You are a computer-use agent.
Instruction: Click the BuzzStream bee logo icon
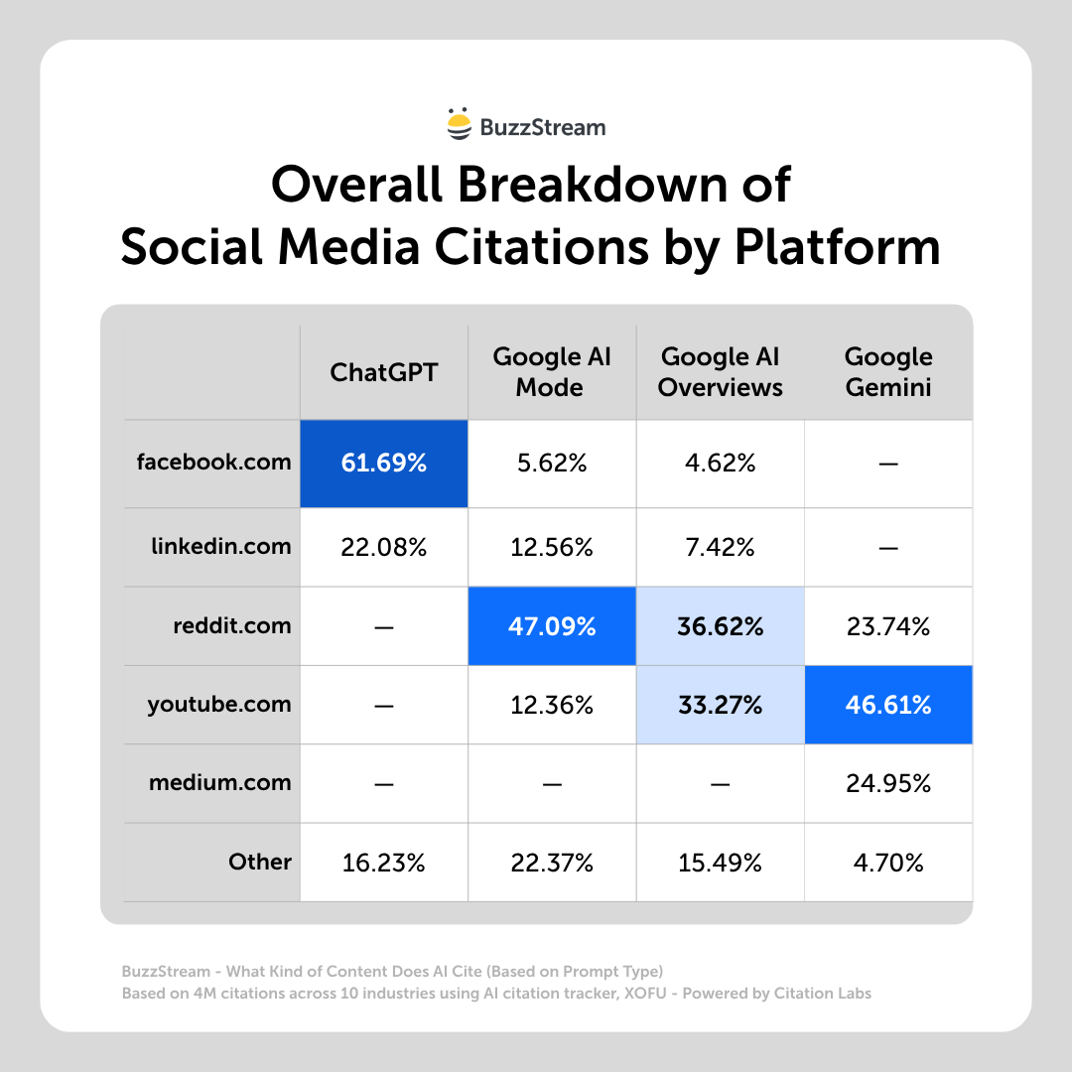coord(459,123)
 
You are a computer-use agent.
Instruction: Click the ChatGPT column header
coord(383,372)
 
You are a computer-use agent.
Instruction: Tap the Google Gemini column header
coord(888,372)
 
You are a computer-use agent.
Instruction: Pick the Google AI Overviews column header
coord(720,372)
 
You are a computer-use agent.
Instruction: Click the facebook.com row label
coord(214,462)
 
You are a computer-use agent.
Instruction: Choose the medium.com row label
coord(220,782)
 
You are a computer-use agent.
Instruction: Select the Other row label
coord(260,862)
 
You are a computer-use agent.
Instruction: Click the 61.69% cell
coord(383,463)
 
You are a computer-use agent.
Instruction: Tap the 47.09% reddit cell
coord(551,626)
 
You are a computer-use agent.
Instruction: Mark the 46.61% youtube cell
coord(888,705)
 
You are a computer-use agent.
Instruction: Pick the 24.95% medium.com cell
coord(888,783)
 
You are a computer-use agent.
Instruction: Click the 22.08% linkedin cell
coord(383,547)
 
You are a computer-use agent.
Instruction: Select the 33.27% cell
coord(720,705)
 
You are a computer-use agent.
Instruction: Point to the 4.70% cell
coord(888,863)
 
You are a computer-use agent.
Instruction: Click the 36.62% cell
coord(720,626)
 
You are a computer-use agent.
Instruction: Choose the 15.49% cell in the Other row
coord(720,863)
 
